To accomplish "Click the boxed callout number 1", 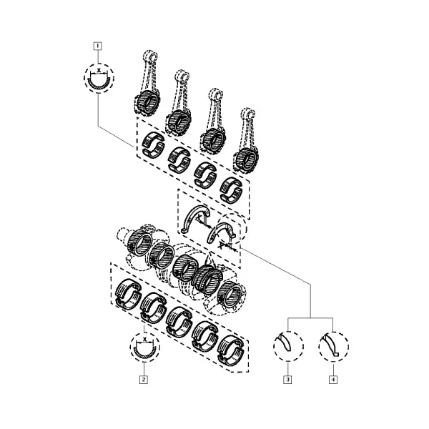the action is coord(98,46).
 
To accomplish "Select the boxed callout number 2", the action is coord(144,380).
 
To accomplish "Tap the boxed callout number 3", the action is coord(287,380).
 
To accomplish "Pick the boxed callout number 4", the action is coord(333,380).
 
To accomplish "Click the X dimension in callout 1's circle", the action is coord(99,71).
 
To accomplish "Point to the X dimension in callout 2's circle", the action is coord(144,340).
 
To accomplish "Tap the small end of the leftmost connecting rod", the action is coord(150,56).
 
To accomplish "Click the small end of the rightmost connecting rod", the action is coord(248,114).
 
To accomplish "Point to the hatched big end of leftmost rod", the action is coord(147,101).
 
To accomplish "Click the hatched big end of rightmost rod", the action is coord(246,159).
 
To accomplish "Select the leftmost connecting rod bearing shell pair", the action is coord(154,144).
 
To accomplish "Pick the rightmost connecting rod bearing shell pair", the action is coord(232,190).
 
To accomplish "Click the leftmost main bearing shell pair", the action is coord(129,294).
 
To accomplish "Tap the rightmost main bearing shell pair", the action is coord(232,351).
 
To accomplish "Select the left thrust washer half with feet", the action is coord(195,220).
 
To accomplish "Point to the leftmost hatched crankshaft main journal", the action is coord(139,242).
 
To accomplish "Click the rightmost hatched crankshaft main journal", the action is coord(231,295).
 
